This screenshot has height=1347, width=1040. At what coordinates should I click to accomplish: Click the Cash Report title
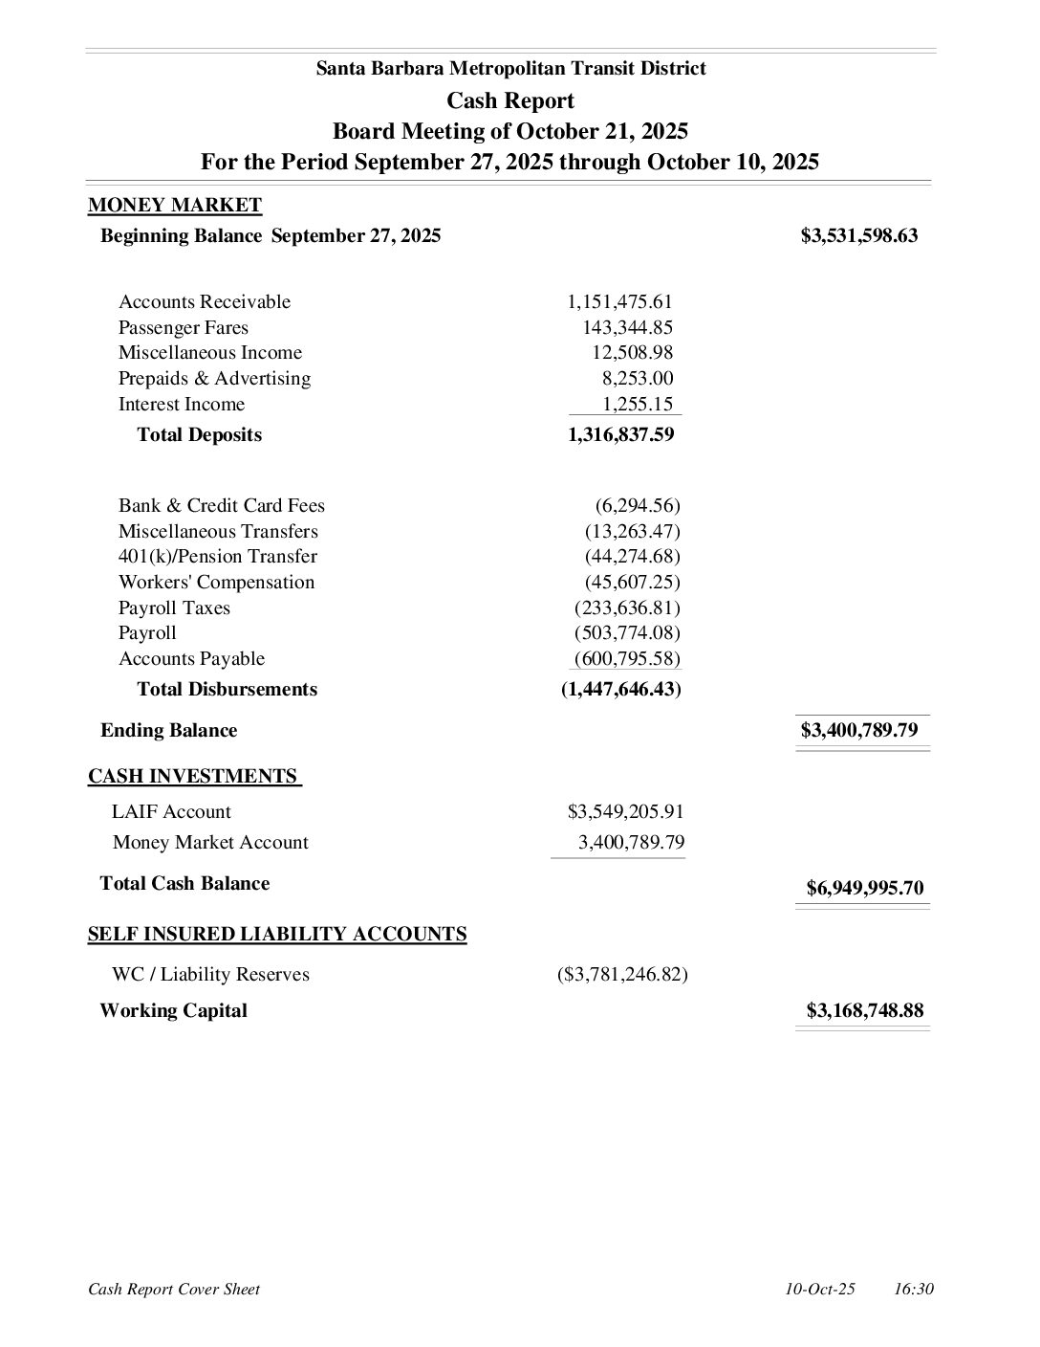pyautogui.click(x=509, y=100)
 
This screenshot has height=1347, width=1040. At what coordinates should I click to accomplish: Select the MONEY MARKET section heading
pyautogui.click(x=174, y=205)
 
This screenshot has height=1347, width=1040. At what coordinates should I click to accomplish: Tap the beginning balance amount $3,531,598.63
pyautogui.click(x=858, y=235)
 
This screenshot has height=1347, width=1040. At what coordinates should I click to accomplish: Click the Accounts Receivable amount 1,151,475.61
pyautogui.click(x=619, y=301)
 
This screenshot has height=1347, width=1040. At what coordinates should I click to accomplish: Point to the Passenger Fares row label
pyautogui.click(x=183, y=327)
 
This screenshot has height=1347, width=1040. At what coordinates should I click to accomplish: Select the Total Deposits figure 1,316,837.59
pyautogui.click(x=620, y=434)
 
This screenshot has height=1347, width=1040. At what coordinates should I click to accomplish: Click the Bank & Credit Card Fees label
pyautogui.click(x=221, y=505)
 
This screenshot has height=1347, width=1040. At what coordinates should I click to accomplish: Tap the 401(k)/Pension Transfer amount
pyautogui.click(x=632, y=556)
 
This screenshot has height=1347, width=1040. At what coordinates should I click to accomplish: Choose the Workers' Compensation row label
pyautogui.click(x=216, y=582)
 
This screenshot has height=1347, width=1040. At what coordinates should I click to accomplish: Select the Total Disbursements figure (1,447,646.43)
pyautogui.click(x=620, y=689)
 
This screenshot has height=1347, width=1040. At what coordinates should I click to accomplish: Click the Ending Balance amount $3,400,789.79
pyautogui.click(x=858, y=730)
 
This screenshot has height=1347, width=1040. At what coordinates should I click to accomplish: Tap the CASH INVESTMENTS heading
pyautogui.click(x=193, y=776)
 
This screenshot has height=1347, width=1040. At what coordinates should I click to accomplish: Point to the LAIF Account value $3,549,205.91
pyautogui.click(x=625, y=811)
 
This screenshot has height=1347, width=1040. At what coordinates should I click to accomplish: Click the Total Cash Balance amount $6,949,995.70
pyautogui.click(x=864, y=888)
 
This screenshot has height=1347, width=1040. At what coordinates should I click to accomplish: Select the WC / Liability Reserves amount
pyautogui.click(x=621, y=974)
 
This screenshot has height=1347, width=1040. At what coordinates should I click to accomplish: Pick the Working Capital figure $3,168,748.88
pyautogui.click(x=864, y=1010)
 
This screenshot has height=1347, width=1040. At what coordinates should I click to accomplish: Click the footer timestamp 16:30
pyautogui.click(x=913, y=1289)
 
